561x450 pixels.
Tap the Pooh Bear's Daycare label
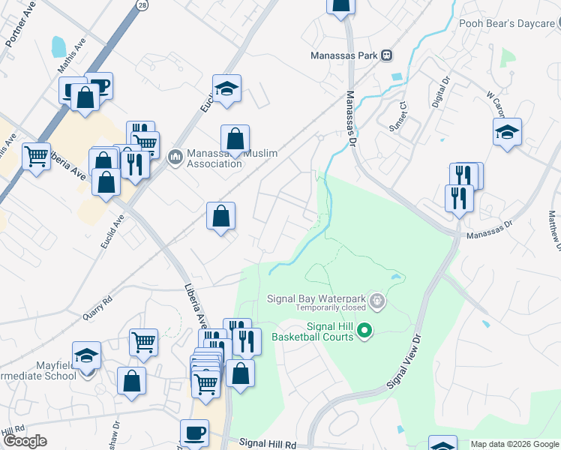pos(506,23)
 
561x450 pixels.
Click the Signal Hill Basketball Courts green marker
pos(364,330)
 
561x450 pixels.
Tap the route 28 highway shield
pos(142,4)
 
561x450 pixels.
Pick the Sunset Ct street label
pos(403,118)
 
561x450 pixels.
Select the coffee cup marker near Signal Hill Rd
pos(195,433)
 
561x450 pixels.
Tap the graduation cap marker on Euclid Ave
pos(226,88)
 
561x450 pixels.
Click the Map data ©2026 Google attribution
pos(514,444)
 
